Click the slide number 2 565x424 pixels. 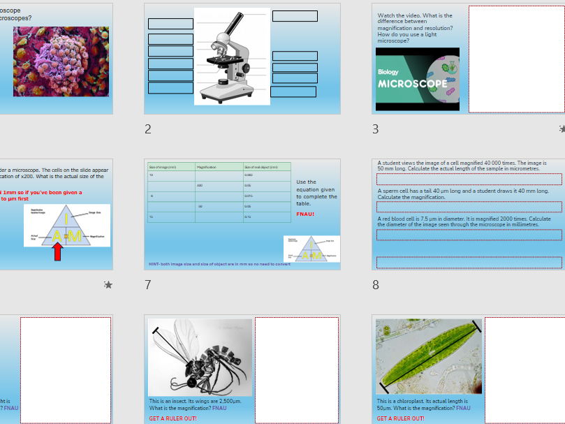[x=148, y=129]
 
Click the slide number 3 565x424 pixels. [x=376, y=129]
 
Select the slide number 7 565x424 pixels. [x=148, y=284]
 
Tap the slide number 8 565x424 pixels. [x=376, y=284]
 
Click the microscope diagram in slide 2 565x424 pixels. [x=232, y=56]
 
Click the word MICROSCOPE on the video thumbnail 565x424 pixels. [x=413, y=84]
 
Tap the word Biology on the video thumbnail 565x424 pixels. [x=388, y=72]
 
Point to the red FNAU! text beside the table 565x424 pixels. [x=305, y=214]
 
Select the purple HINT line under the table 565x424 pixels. [x=219, y=264]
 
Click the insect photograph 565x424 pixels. [x=200, y=358]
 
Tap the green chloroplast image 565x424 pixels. [x=428, y=356]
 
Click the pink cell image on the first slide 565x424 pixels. [x=61, y=61]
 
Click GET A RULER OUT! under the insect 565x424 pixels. [x=173, y=418]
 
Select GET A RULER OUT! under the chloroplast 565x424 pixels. [x=400, y=418]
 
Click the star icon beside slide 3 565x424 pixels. [x=562, y=129]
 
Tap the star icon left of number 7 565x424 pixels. [x=108, y=284]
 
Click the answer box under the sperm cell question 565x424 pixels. [x=469, y=207]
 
